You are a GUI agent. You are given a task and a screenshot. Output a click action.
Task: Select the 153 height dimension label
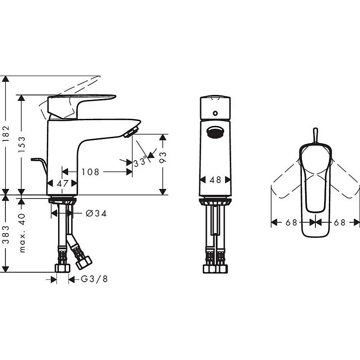pyautogui.click(x=21, y=145)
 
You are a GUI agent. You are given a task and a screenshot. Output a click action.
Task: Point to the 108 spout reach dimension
pyautogui.click(x=90, y=172)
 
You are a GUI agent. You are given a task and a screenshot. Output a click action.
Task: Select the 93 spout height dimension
pyautogui.click(x=163, y=157)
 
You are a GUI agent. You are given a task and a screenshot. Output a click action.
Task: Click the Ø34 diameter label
pyautogui.click(x=96, y=213)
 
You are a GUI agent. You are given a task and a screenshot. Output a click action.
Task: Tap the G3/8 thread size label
pyautogui.click(x=94, y=279)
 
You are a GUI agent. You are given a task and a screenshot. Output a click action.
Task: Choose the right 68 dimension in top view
pyautogui.click(x=339, y=222)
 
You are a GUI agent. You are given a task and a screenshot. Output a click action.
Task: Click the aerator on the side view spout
pyautogui.click(x=131, y=131)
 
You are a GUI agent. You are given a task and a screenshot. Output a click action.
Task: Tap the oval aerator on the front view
pyautogui.click(x=215, y=132)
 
